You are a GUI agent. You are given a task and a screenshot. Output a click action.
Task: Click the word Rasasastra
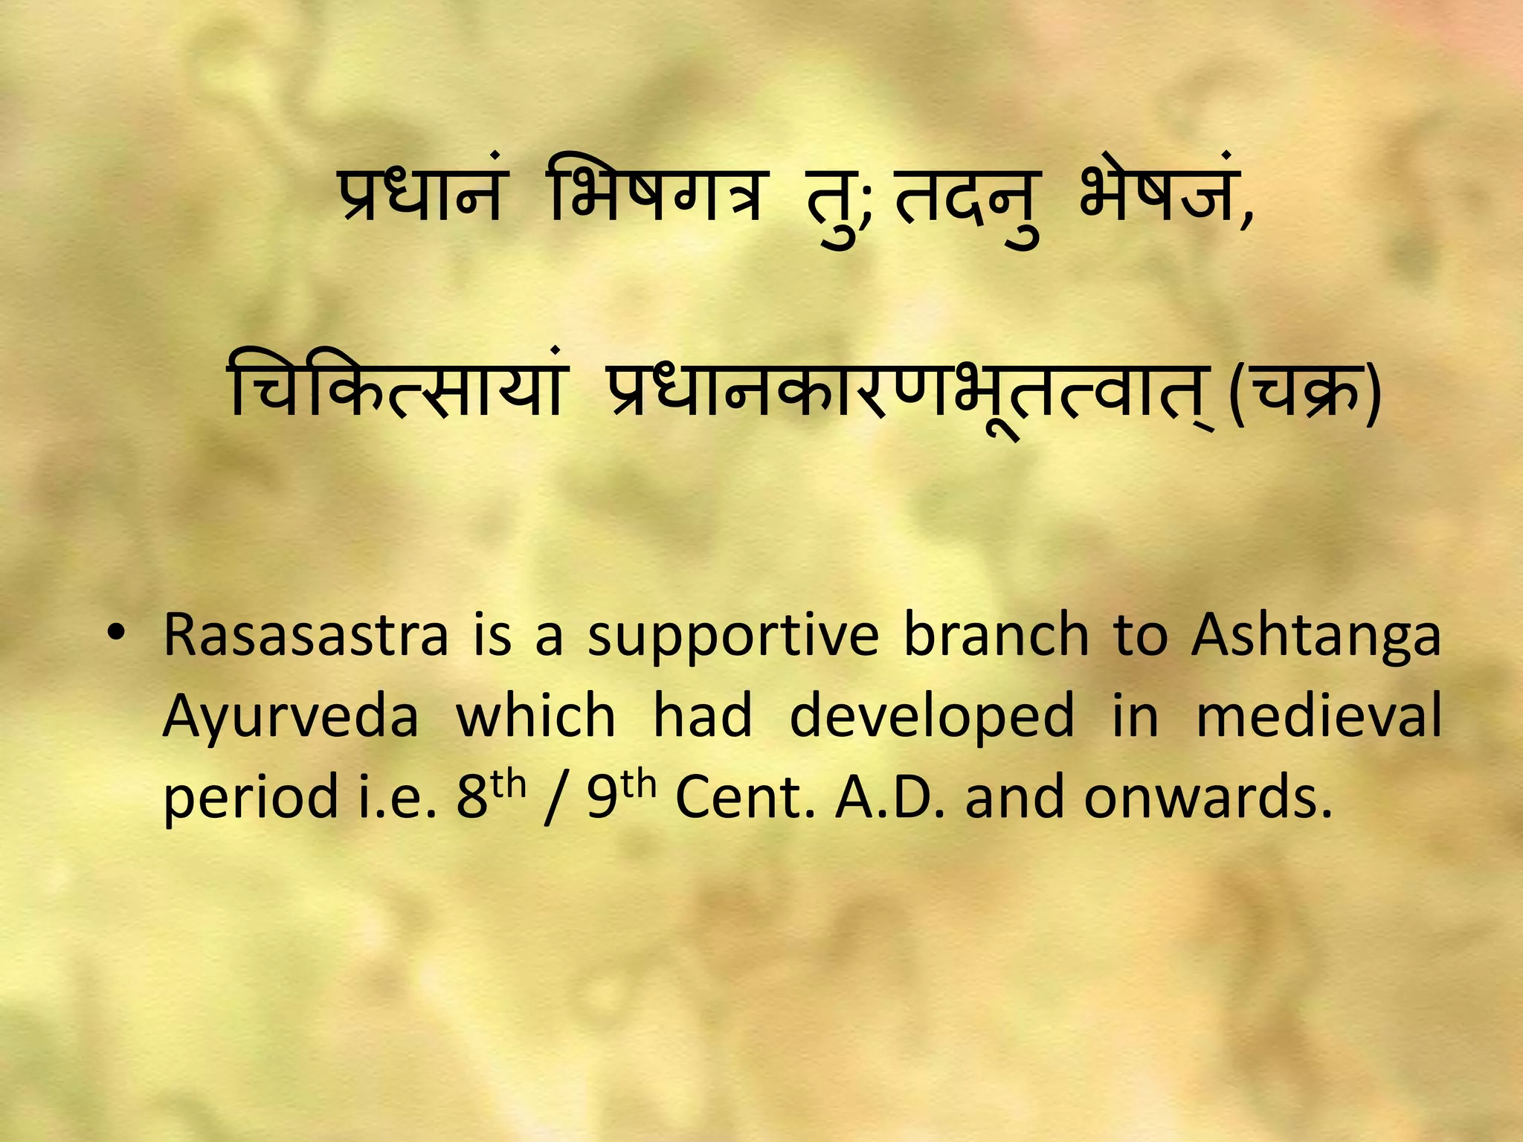[306, 636]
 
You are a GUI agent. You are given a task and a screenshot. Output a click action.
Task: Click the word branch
[996, 635]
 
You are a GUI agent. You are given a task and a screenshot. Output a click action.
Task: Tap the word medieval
[1318, 715]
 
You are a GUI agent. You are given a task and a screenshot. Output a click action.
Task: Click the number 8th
[490, 794]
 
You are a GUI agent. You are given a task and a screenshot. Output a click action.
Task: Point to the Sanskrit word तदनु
[967, 202]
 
